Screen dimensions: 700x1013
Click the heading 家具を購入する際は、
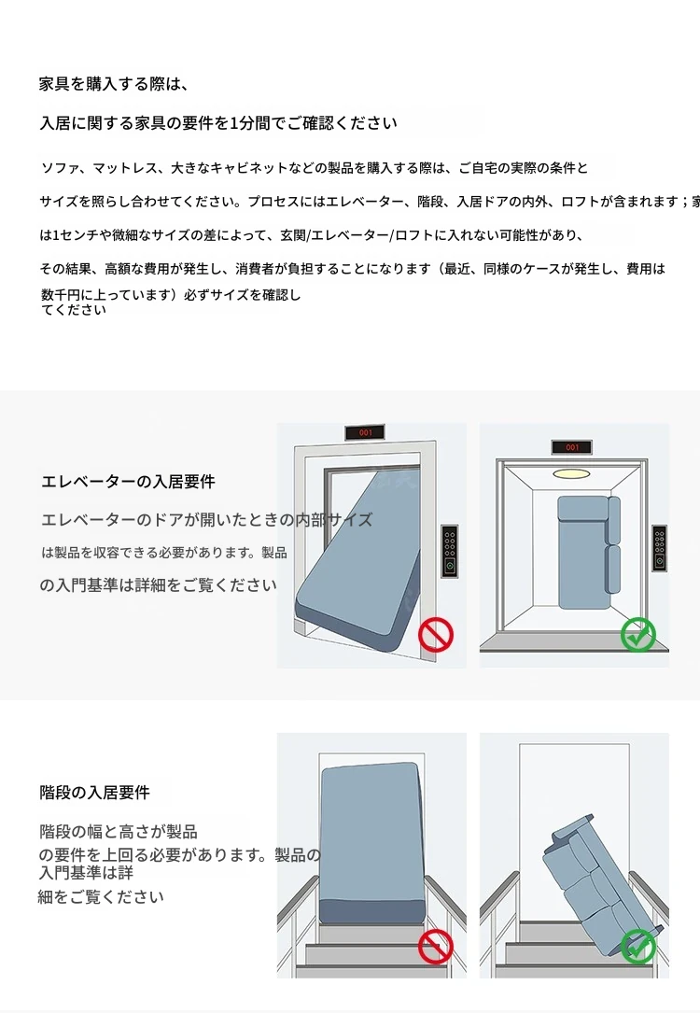113,84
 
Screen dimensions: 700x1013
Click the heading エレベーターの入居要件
128,482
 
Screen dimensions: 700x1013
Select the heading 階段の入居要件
94,792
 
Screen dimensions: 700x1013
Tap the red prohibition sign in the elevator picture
435,635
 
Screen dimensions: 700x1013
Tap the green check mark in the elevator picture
638,635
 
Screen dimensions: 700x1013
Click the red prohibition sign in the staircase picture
435,947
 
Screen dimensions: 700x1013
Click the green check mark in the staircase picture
638,947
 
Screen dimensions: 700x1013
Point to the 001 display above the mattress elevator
365,432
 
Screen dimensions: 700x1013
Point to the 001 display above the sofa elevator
571,447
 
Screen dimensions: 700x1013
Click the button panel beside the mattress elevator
450,551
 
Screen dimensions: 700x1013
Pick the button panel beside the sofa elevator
659,548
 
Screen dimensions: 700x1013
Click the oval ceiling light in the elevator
571,474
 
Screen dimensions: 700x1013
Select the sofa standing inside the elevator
588,553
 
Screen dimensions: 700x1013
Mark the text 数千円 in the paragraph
61,295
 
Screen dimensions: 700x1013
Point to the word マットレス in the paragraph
125,168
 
